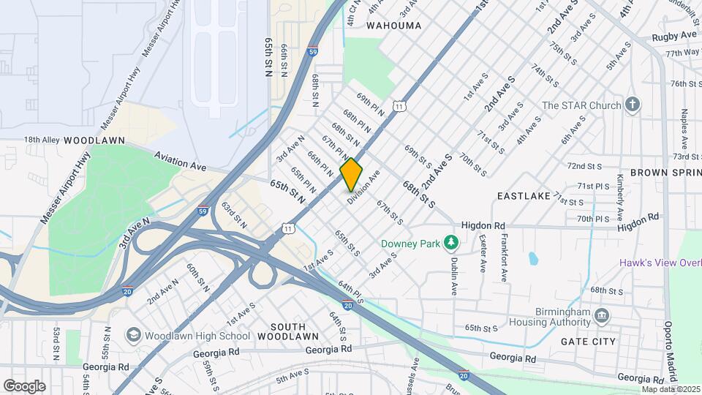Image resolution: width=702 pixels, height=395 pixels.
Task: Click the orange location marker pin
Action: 351,175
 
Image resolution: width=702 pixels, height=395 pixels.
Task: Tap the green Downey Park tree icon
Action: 452,241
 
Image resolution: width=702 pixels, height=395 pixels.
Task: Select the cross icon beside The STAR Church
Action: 633,105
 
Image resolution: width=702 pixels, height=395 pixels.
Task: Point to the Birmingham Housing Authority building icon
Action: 601,315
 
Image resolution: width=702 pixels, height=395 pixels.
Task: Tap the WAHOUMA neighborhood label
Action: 393,26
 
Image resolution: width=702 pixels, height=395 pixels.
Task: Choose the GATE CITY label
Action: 588,342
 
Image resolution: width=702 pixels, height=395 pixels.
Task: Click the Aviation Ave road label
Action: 179,161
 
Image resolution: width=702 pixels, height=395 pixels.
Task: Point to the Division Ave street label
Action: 364,188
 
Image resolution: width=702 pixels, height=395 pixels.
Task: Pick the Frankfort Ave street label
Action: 504,258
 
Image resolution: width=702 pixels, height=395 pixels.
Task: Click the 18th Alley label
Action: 41,139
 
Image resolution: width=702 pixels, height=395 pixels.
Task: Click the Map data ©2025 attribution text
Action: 671,389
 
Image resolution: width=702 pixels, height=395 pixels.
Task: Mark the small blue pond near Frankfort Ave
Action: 534,258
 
